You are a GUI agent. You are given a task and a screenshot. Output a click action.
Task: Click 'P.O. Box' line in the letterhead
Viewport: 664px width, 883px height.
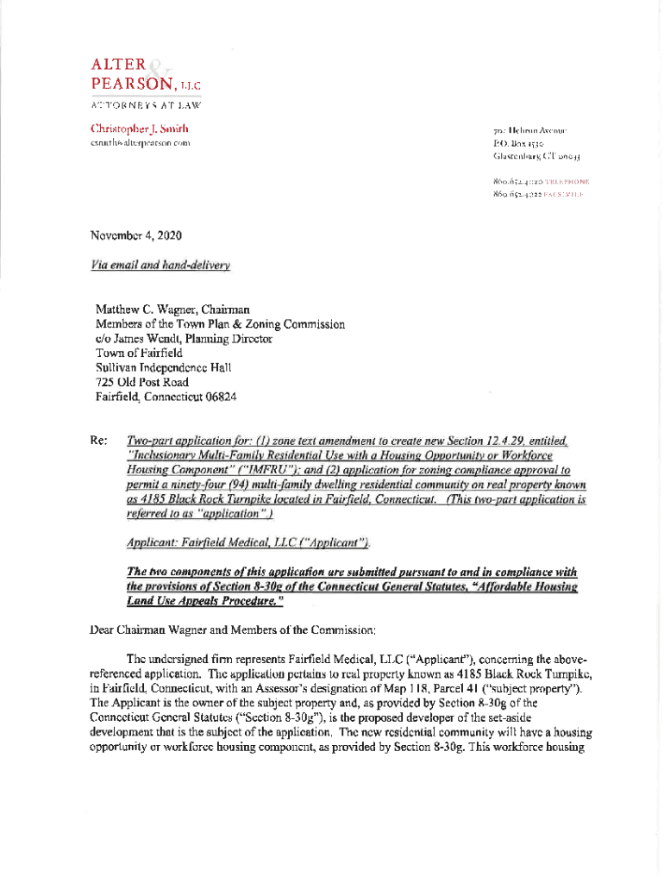[x=516, y=143]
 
